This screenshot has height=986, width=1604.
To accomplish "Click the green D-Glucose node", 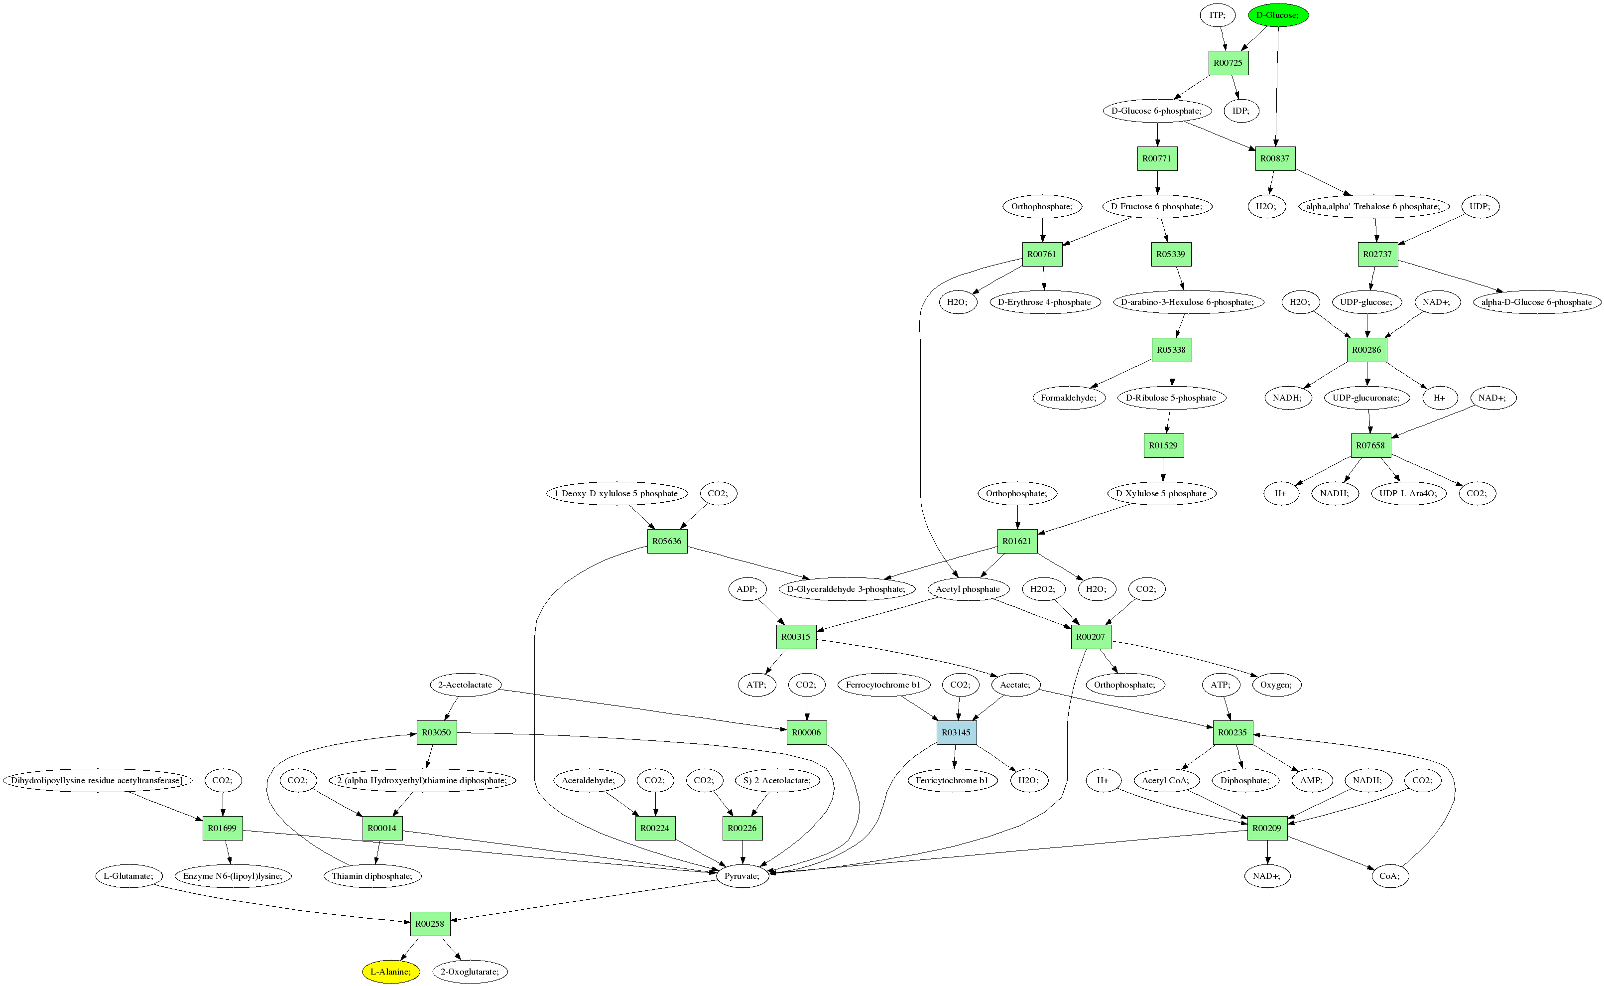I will tap(1277, 15).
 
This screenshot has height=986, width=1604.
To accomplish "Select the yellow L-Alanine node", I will tap(390, 972).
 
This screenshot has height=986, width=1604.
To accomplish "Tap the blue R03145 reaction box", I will tap(956, 732).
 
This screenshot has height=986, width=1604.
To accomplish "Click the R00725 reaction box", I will tap(1228, 63).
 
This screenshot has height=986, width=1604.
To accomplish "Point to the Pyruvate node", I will tap(741, 876).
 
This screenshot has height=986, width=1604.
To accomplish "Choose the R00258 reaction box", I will tap(430, 923).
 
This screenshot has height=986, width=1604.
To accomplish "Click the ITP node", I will tap(1217, 15).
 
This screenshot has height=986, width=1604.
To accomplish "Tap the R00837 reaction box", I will tap(1274, 158).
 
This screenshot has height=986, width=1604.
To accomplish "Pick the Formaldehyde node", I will tap(1068, 398).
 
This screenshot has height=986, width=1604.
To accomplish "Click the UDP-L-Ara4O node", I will tap(1408, 493).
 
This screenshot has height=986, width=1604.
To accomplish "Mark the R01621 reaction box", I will tap(1017, 541).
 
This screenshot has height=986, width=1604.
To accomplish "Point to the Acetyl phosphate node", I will tap(967, 589).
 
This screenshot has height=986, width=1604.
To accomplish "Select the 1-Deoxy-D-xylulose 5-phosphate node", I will tap(616, 493).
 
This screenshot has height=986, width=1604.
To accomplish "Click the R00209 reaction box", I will tap(1266, 828).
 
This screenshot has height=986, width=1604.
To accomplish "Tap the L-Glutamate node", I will tap(128, 876).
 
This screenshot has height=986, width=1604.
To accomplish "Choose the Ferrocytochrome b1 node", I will tap(883, 685).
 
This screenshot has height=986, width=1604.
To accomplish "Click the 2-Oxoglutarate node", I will tap(469, 972).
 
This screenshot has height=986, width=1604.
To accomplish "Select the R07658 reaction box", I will tap(1370, 445).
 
